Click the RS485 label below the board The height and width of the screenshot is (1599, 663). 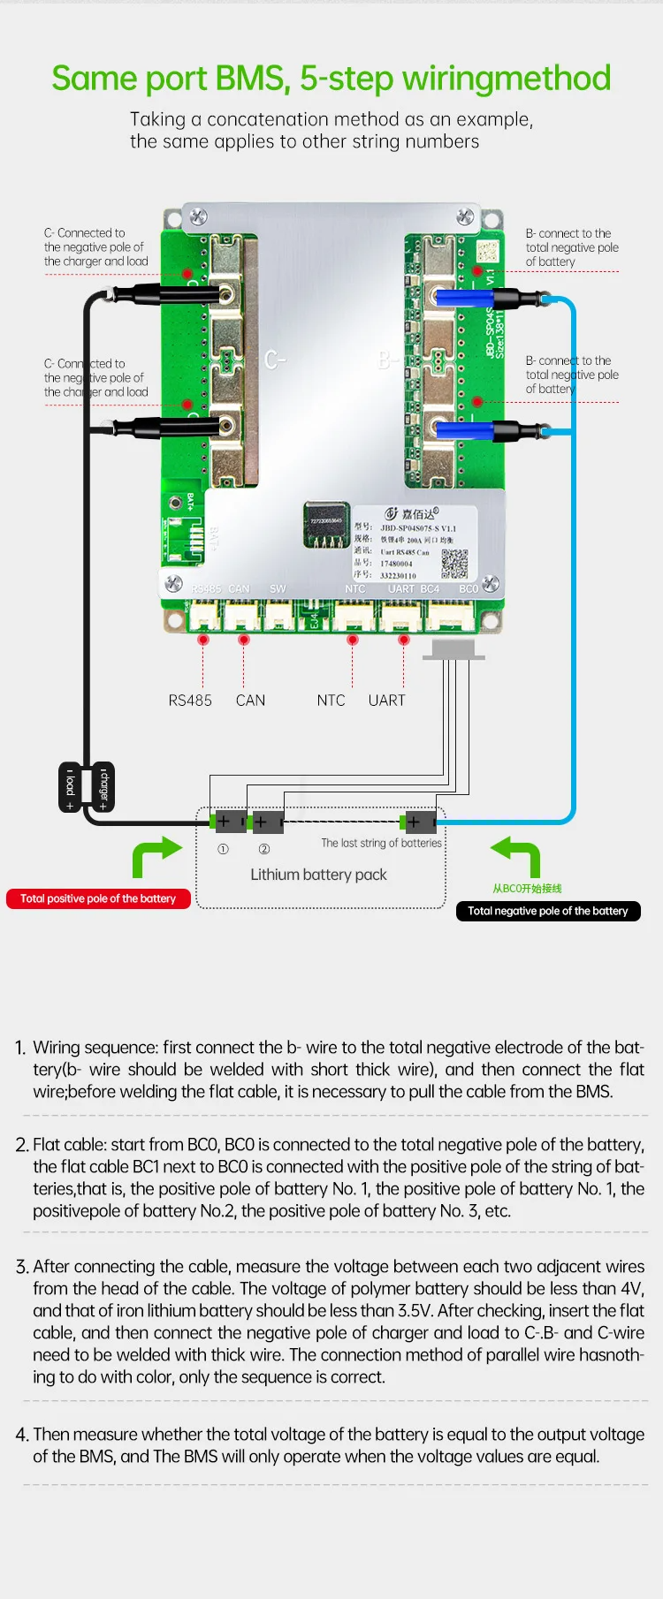pos(190,701)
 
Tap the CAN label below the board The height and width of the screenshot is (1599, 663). pos(250,701)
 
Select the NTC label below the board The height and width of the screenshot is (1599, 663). pos(331,701)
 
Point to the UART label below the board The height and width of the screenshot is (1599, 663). pos(386,701)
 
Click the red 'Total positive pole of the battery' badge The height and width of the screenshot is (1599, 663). pos(98,898)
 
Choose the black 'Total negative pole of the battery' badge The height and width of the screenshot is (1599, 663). pos(547,911)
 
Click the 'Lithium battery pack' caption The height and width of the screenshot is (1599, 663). pos(318,875)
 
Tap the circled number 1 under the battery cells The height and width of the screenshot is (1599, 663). pos(223,849)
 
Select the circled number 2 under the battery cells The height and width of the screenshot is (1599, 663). pos(263,849)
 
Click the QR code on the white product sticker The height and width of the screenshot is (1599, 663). pos(454,563)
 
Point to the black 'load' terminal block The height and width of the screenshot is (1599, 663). pos(71,786)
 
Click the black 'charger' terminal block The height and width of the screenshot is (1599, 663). pos(103,786)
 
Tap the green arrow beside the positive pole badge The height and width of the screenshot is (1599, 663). pos(156,857)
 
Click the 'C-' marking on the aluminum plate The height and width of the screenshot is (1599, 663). pos(275,360)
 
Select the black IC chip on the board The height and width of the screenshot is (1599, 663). pos(326,525)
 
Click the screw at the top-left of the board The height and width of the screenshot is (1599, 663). pos(198,216)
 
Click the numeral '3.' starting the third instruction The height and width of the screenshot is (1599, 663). pos(22,1267)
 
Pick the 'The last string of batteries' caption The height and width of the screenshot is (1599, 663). pos(381,843)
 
